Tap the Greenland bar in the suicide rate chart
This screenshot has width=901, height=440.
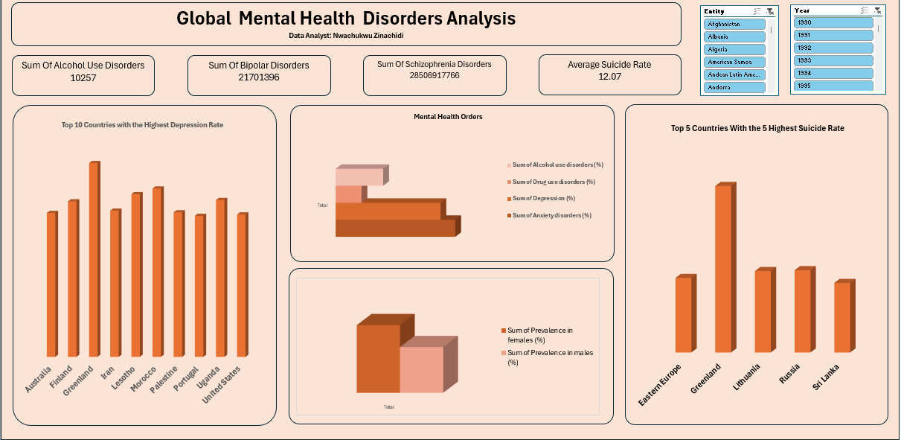pos(723,268)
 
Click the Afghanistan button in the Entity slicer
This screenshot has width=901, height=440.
pos(735,24)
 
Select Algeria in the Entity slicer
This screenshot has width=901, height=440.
pos(735,49)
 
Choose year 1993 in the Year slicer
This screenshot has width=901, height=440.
pos(833,60)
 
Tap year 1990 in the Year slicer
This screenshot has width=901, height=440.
pos(833,22)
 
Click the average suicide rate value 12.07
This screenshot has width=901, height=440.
pos(609,77)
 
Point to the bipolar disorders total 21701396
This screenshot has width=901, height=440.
pos(259,77)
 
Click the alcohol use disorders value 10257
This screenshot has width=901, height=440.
pos(83,77)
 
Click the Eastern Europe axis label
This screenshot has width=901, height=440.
pos(660,385)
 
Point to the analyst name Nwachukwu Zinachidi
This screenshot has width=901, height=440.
pos(346,35)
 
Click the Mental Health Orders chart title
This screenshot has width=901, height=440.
pos(448,116)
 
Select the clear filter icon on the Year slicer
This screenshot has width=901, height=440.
pos(878,10)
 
